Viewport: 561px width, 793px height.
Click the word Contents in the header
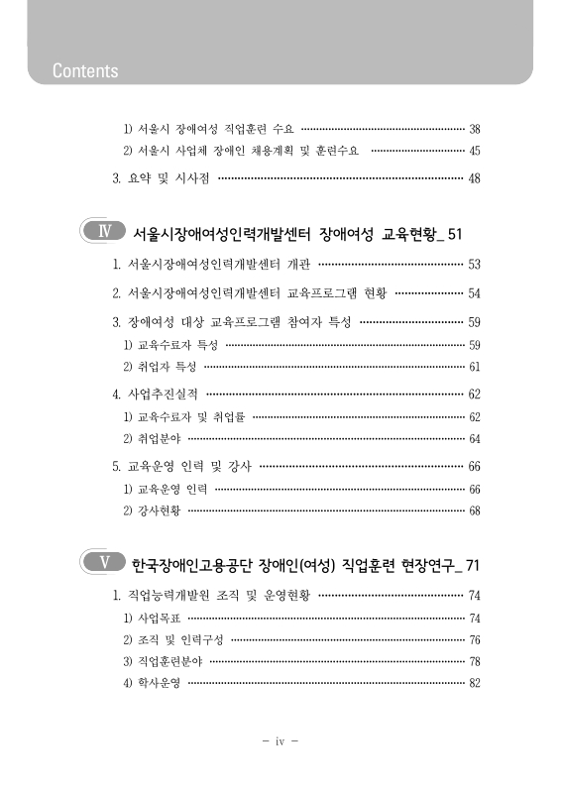(x=85, y=70)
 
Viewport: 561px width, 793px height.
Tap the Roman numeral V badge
(x=101, y=564)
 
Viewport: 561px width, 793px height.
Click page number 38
(x=474, y=129)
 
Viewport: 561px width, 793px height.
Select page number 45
(x=474, y=151)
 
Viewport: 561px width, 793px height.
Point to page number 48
(x=474, y=178)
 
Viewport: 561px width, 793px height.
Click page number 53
(x=474, y=265)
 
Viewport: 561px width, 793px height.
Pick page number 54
(x=474, y=293)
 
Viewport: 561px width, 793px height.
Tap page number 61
(x=474, y=366)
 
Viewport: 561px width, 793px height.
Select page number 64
(x=474, y=438)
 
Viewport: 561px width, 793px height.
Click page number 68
(x=474, y=510)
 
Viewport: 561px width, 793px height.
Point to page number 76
(x=474, y=639)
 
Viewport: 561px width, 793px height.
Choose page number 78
(x=474, y=661)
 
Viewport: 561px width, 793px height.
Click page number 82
(x=474, y=683)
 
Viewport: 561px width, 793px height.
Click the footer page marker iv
(x=280, y=740)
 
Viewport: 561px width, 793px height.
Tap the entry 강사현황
(x=153, y=510)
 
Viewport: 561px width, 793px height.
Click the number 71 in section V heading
(x=472, y=565)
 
